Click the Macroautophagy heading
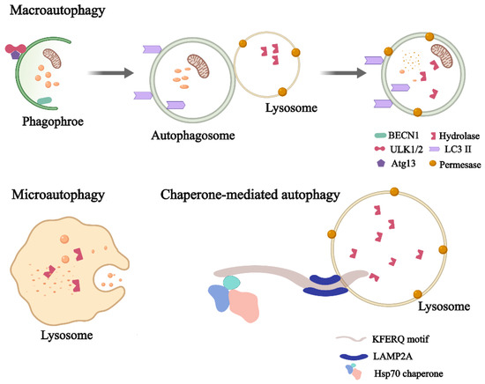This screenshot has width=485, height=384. coord(52,12)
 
